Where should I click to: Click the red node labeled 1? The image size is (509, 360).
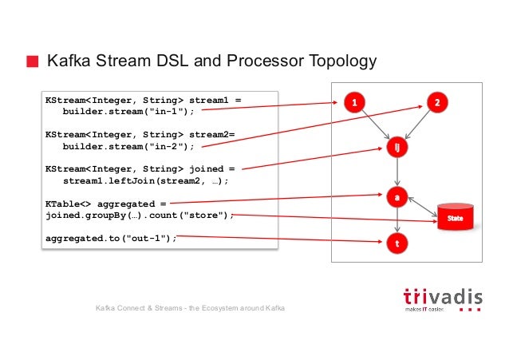354,101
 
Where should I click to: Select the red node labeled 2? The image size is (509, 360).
438,101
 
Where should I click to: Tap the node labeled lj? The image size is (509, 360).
397,148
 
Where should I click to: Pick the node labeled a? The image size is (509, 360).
397,196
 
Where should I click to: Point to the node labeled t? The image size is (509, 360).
397,242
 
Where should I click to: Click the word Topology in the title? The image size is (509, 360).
338,62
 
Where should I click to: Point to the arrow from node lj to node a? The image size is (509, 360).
397,172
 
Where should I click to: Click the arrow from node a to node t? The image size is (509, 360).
397,219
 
